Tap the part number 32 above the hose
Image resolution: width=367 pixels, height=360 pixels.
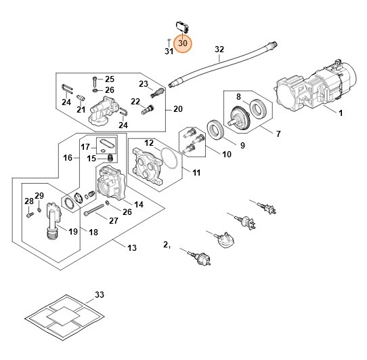point(219,49)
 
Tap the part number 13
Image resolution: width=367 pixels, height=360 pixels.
point(133,247)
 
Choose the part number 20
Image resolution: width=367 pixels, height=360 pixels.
point(178,109)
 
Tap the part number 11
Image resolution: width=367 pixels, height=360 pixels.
point(196,173)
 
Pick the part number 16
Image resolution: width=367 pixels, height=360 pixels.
point(68,157)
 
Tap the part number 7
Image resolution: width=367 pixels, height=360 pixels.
point(277,134)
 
